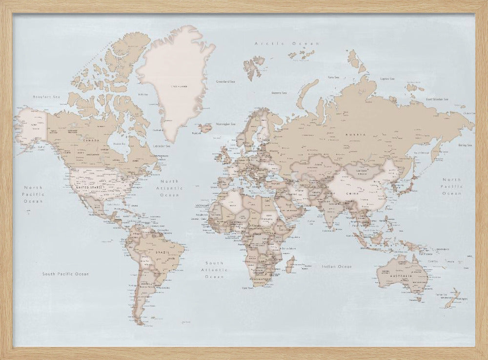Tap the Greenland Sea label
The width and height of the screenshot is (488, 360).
coord(225,82)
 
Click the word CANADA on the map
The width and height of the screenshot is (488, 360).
coord(91,141)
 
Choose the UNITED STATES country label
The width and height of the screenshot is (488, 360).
coord(90,187)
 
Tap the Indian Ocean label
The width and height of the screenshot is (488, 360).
coord(337,267)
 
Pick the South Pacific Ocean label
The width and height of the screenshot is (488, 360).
coord(65,274)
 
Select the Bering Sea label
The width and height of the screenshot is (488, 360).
coord(464,145)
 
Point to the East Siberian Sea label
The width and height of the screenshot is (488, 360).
coord(437,99)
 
